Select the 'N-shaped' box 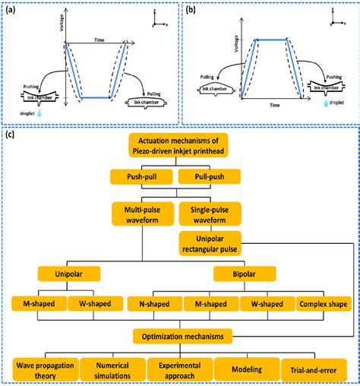click(x=153, y=305)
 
